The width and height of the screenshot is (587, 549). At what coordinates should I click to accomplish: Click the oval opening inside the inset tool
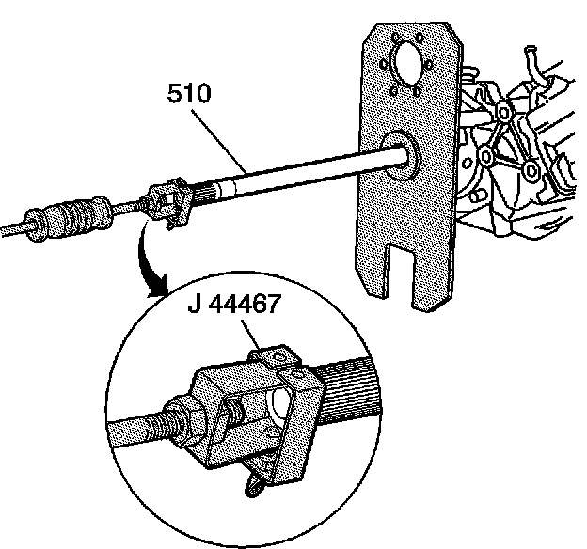tap(279, 405)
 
